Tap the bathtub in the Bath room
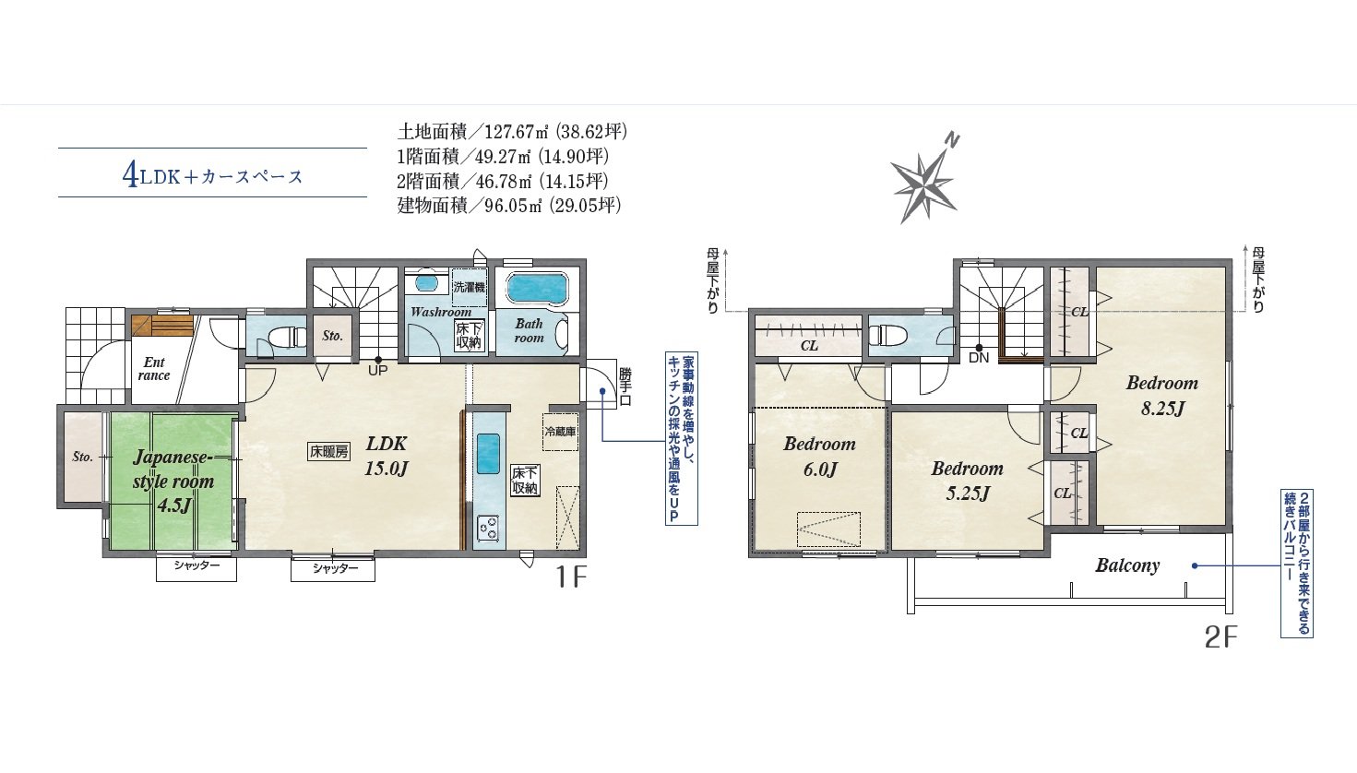coord(537,287)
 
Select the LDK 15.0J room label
coord(386,456)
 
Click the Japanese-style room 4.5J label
coord(173,481)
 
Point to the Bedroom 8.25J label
coord(1162,395)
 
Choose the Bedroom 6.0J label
coord(819,457)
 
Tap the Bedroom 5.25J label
coord(967,481)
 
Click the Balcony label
coord(1126,565)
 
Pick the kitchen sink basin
coord(488,453)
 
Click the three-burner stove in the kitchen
coord(488,528)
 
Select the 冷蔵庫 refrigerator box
coord(560,432)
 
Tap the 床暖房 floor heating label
coord(329,451)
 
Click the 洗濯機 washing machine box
coord(470,287)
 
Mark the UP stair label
coord(377,370)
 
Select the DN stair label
coord(979,357)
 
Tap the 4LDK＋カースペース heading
coord(212,176)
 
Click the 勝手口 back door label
coord(625,386)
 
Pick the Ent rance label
coord(153,369)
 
